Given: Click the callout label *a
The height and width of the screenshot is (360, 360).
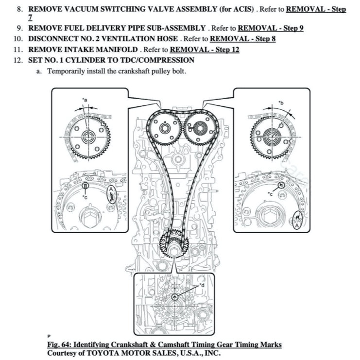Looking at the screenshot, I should coord(85,100).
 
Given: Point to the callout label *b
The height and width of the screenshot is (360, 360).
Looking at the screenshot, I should coord(280,103).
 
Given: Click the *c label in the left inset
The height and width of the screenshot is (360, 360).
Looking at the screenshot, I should coord(85,197).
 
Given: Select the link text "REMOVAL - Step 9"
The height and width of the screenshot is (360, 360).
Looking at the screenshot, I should coord(271,28).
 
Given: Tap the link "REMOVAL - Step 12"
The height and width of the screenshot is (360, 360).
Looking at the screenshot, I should coord(205,49).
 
